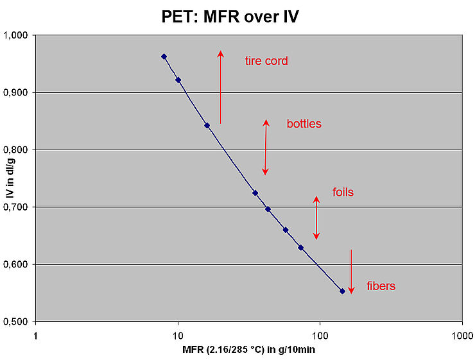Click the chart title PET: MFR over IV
230,15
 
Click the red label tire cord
266,62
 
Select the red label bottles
304,124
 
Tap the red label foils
343,192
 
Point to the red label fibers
381,286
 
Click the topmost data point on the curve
164,56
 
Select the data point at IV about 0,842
207,125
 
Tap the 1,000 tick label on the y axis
18,35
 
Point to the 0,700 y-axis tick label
18,207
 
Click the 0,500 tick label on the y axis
18,321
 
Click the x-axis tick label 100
320,334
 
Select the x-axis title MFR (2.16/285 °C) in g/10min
248,350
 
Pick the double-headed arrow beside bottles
265,147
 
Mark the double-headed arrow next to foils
316,218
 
